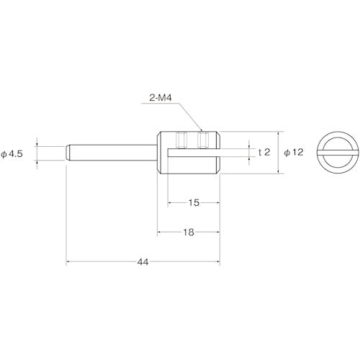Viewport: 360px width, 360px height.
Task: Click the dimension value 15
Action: pyautogui.click(x=193, y=203)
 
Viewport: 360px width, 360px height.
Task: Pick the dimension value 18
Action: pyautogui.click(x=187, y=232)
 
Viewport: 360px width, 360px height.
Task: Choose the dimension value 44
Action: pyautogui.click(x=142, y=261)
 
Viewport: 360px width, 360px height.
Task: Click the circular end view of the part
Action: pyautogui.click(x=333, y=153)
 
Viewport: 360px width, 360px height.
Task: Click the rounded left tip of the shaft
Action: pyautogui.click(x=68, y=153)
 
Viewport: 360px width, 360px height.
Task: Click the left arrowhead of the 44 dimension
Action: pyautogui.click(x=69, y=262)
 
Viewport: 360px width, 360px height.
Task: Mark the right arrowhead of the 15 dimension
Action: pyautogui.click(x=217, y=204)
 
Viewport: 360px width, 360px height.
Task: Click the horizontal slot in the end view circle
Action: pyautogui.click(x=333, y=153)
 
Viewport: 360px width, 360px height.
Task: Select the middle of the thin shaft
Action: pyautogui.click(x=112, y=153)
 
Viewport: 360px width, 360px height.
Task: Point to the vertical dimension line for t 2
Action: pyautogui.click(x=251, y=153)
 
